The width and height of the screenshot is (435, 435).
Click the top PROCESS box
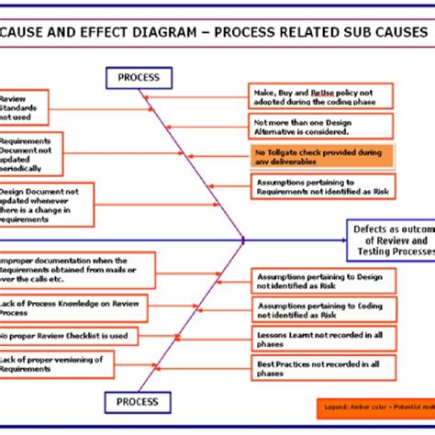(139, 79)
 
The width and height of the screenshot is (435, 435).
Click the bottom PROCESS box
(139, 401)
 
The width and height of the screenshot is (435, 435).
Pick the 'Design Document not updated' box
(46, 204)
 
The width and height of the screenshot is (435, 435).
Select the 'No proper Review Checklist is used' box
(69, 336)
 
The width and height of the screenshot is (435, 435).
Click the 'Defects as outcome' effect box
(390, 240)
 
